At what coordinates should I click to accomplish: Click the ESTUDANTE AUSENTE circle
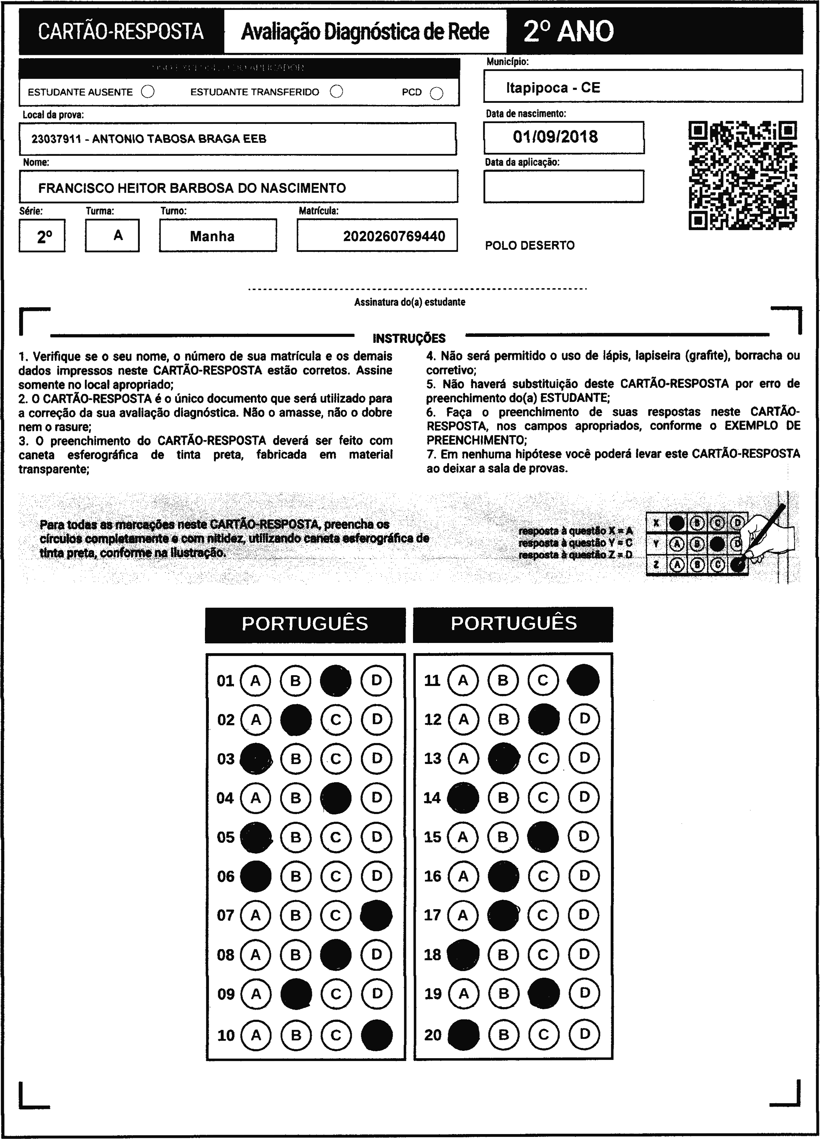pyautogui.click(x=148, y=92)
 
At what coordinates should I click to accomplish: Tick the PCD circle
pyautogui.click(x=437, y=93)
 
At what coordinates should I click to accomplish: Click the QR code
pyautogui.click(x=743, y=175)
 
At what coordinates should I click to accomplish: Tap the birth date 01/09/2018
pyautogui.click(x=555, y=136)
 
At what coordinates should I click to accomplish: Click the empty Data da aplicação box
pyautogui.click(x=563, y=186)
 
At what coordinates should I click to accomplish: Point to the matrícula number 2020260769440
pyautogui.click(x=394, y=236)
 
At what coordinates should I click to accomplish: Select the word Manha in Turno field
pyautogui.click(x=212, y=236)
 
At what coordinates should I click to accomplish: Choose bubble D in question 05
pyautogui.click(x=377, y=837)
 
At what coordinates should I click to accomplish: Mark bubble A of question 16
pyautogui.click(x=463, y=876)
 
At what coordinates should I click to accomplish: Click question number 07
pyautogui.click(x=226, y=915)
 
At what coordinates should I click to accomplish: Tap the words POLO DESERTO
pyautogui.click(x=530, y=246)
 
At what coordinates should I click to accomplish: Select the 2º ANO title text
pyautogui.click(x=569, y=31)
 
